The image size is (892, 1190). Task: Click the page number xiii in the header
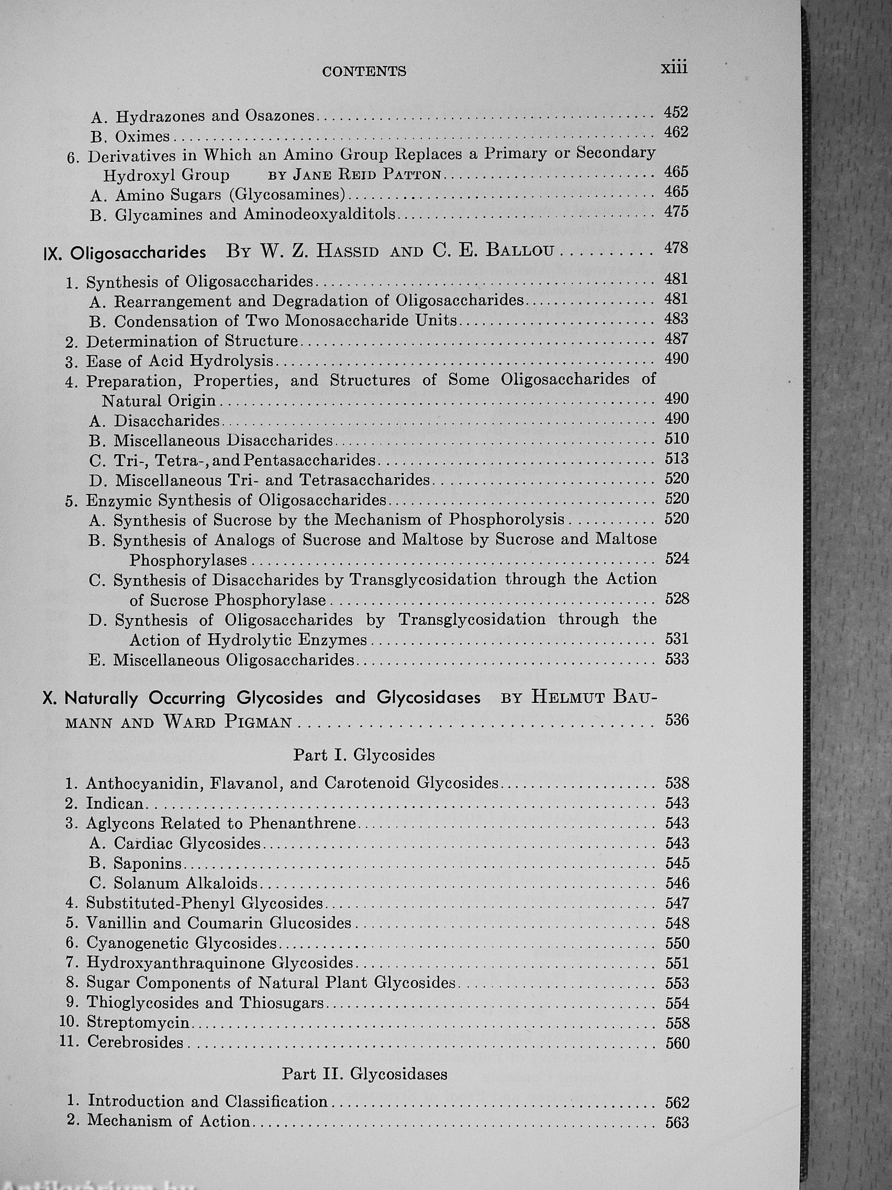tap(674, 68)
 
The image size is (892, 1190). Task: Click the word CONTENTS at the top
tap(364, 72)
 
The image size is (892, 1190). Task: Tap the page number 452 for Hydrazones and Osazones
tap(676, 112)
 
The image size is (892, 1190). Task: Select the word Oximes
tap(142, 137)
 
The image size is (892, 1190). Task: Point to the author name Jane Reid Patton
tap(366, 175)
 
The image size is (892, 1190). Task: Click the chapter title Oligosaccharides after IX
tap(138, 254)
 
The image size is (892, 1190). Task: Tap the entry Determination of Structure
tap(192, 341)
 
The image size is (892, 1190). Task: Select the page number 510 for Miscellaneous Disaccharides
tap(676, 438)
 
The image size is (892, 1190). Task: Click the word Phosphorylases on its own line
tap(187, 560)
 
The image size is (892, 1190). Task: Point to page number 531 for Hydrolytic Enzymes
tap(676, 638)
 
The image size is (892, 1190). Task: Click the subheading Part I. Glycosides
tap(364, 755)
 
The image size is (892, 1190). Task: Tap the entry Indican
tap(115, 804)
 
